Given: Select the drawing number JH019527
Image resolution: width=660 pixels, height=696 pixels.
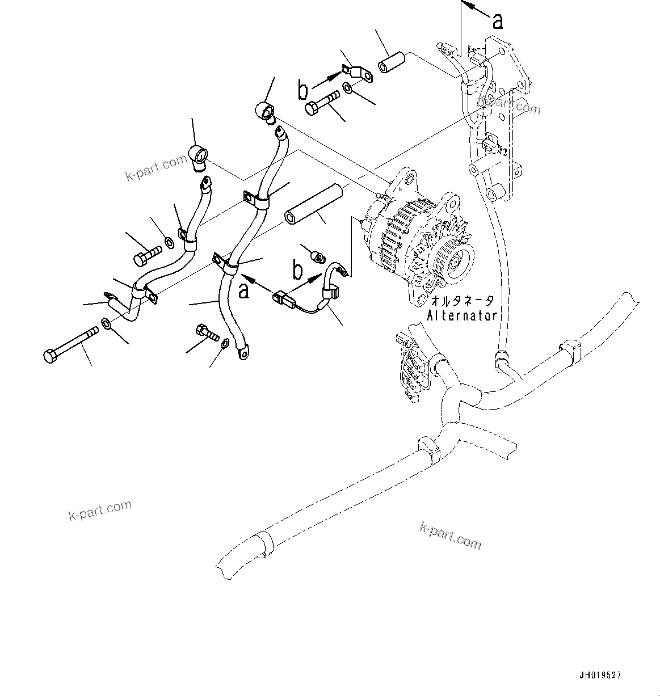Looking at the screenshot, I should click(600, 675).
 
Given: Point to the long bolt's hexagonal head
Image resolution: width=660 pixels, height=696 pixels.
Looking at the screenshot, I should click(50, 356).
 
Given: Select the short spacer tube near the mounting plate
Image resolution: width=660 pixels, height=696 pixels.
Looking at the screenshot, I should click(391, 62).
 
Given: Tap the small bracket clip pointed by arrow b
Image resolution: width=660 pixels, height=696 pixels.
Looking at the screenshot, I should click(356, 73).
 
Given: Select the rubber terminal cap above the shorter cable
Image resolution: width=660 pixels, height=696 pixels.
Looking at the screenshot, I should click(197, 155).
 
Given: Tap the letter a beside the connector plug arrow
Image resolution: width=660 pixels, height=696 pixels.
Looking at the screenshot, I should click(243, 290).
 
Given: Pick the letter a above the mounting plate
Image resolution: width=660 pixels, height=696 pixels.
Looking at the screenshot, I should click(497, 22).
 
